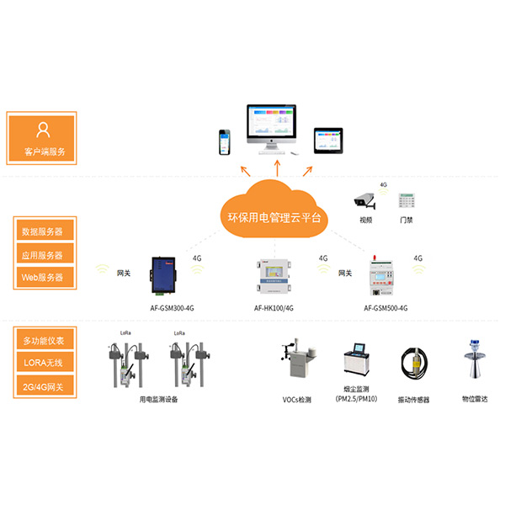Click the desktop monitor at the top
click(271, 128)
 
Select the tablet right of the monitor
click(328, 140)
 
